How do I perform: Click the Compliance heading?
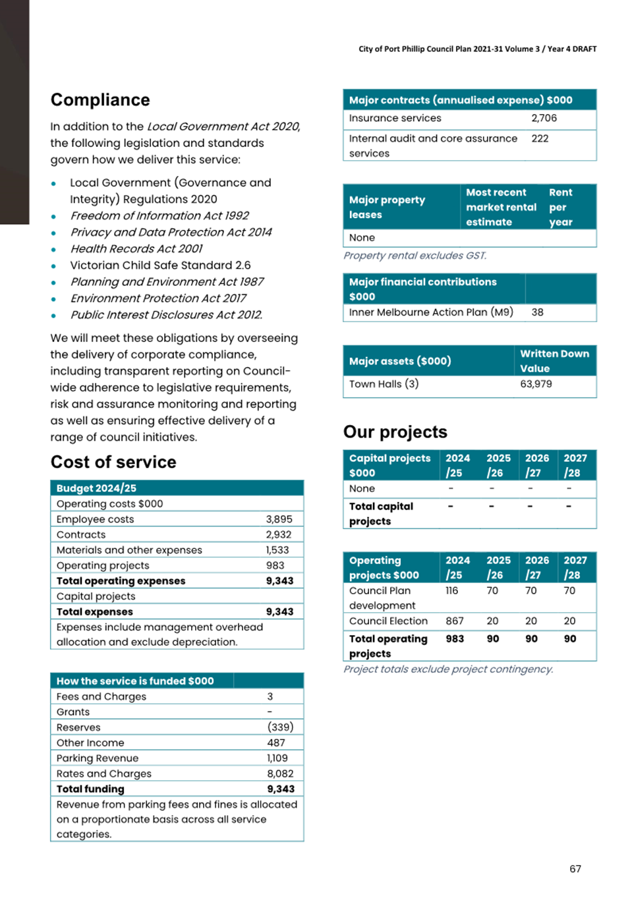click(x=100, y=100)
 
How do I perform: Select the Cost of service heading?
click(x=113, y=463)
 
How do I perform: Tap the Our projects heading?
click(x=395, y=432)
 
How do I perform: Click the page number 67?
click(x=575, y=869)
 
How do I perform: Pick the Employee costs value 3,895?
click(x=279, y=519)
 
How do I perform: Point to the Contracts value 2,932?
click(x=279, y=534)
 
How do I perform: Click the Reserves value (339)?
click(x=280, y=727)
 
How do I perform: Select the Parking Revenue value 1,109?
click(x=277, y=758)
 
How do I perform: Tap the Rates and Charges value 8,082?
click(x=280, y=774)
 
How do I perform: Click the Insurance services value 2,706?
click(x=544, y=119)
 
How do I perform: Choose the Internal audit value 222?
click(x=540, y=139)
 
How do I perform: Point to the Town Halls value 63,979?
click(x=536, y=384)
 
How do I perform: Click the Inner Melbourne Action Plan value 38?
click(x=537, y=312)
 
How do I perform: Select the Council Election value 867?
click(x=454, y=621)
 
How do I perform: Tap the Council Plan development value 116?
click(x=451, y=591)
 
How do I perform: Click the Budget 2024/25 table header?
click(x=96, y=488)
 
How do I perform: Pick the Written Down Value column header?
click(x=554, y=361)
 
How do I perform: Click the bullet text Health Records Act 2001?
click(x=136, y=249)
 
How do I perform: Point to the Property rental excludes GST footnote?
click(x=415, y=256)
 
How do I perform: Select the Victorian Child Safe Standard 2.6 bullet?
click(x=160, y=266)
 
